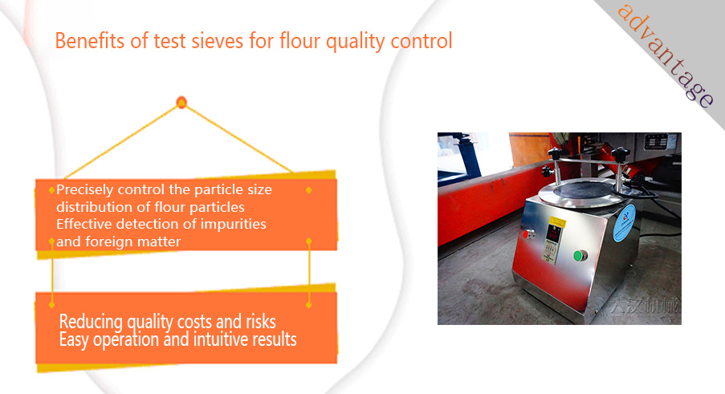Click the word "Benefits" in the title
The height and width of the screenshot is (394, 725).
90,41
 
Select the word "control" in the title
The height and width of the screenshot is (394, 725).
422,41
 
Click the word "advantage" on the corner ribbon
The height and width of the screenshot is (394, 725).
666,55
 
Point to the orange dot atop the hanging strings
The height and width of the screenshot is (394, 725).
181,103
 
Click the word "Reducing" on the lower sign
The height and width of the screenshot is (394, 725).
91,322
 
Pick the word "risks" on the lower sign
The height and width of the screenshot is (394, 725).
261,322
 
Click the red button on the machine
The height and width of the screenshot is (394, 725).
527,234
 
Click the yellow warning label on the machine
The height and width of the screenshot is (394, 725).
558,222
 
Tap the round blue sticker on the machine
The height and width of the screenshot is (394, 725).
624,223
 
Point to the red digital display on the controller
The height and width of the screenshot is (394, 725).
553,234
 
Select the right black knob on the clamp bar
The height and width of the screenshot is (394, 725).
620,154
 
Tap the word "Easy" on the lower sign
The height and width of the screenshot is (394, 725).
74,340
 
